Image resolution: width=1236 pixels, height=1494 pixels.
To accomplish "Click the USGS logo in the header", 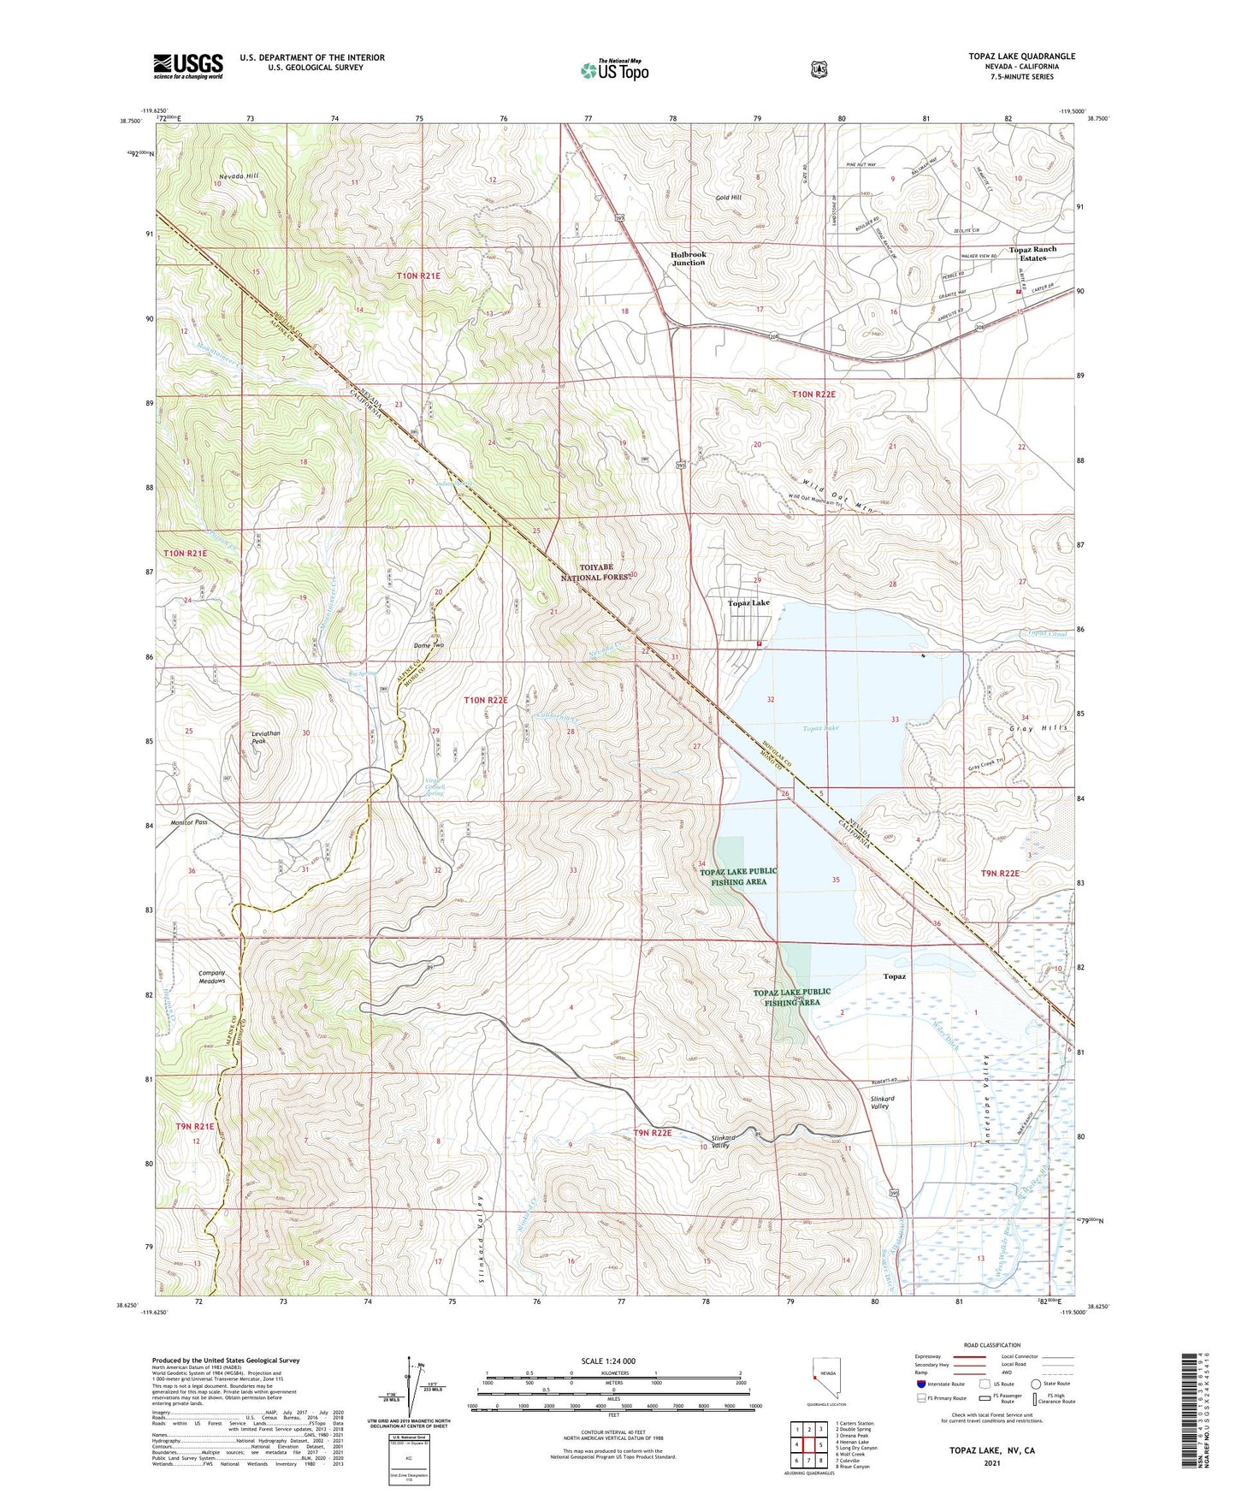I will click(188, 66).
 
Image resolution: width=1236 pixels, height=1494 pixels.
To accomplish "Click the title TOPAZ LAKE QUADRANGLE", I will click(1021, 56).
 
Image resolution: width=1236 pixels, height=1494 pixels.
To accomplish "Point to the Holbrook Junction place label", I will click(688, 258).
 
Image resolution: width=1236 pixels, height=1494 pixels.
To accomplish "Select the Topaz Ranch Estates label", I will click(1032, 253).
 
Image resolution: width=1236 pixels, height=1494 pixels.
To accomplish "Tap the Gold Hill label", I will click(729, 198).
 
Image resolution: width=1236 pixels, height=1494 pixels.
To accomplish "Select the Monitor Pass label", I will click(189, 822).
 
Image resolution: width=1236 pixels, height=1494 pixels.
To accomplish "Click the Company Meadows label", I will click(211, 976).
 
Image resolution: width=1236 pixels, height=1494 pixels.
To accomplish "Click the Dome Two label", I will click(429, 645).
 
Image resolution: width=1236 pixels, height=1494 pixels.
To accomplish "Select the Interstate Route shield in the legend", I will click(920, 1383).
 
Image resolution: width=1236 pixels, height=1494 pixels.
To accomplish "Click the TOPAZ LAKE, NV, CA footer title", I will click(991, 1450).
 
